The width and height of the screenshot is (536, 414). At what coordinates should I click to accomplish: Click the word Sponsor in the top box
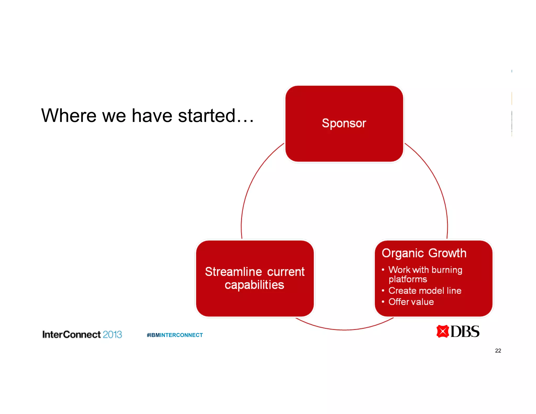coord(344,123)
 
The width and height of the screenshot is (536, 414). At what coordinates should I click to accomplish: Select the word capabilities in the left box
coord(254,285)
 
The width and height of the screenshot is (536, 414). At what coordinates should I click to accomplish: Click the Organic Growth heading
coord(424,253)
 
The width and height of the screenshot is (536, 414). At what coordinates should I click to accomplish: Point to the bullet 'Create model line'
coord(425,291)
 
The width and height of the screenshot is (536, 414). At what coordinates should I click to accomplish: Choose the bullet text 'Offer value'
coord(411,302)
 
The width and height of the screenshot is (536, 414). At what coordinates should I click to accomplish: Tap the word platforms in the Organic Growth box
coord(407,279)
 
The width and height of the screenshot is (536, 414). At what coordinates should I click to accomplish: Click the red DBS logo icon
coord(443,331)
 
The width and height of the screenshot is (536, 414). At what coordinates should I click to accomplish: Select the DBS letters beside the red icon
coord(465,331)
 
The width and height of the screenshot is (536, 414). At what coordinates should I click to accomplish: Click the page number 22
coord(498,351)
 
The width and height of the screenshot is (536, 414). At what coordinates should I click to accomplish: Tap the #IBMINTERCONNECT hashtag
coord(175,335)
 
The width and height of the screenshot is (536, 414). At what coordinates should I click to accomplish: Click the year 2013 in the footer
coord(112,334)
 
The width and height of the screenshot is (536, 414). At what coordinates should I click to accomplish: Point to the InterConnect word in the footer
coord(71,334)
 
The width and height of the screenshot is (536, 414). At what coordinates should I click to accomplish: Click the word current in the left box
coord(286,272)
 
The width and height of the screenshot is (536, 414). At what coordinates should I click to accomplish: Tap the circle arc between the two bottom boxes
coord(344,330)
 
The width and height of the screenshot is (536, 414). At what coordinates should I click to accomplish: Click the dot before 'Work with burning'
coord(383,270)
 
